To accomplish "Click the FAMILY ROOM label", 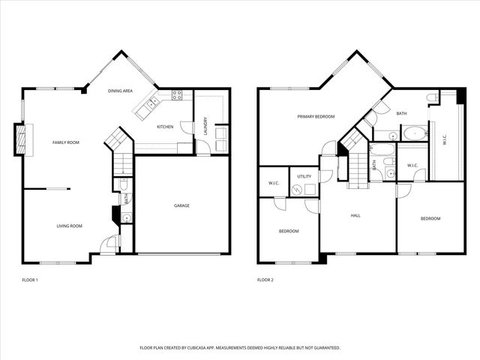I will [65, 142].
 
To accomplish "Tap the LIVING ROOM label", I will [70, 225].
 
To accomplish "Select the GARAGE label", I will [181, 205].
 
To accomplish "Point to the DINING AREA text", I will [120, 91].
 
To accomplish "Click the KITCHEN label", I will [165, 127].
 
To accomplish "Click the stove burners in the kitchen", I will [178, 94].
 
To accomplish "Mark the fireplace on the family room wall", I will [21, 139].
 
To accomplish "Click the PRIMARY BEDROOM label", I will [316, 116].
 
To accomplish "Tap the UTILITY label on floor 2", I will [304, 176].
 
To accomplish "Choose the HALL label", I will [355, 215].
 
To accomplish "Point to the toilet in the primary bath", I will [432, 98].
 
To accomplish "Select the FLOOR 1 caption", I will [31, 280].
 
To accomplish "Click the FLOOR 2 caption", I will [265, 280].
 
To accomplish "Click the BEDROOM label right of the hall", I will [430, 218].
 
